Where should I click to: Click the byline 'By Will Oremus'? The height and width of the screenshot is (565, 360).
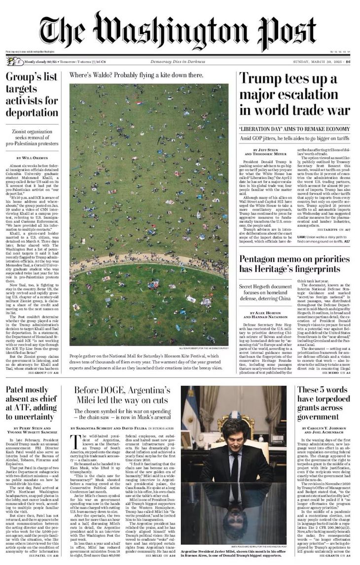coord(32,157)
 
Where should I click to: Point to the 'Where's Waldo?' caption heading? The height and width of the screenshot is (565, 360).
coord(136,75)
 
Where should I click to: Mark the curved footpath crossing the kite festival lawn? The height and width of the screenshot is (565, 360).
coord(148,262)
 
